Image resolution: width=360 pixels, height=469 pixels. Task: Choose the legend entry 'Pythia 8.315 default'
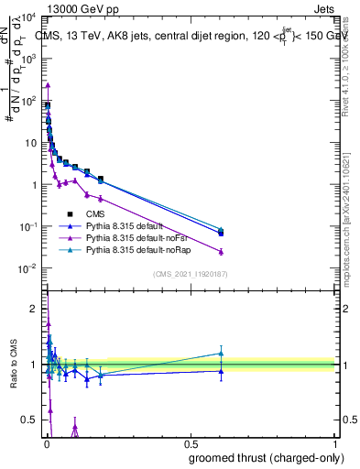click(132, 224)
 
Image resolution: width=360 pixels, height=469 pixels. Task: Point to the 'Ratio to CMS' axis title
click(13, 363)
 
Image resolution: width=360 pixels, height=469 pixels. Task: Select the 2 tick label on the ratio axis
click(33, 309)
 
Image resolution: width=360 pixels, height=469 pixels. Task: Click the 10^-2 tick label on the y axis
click(27, 268)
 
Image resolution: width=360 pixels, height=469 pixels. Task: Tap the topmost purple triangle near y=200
click(48, 85)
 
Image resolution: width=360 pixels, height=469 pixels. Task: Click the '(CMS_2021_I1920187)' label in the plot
click(190, 274)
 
